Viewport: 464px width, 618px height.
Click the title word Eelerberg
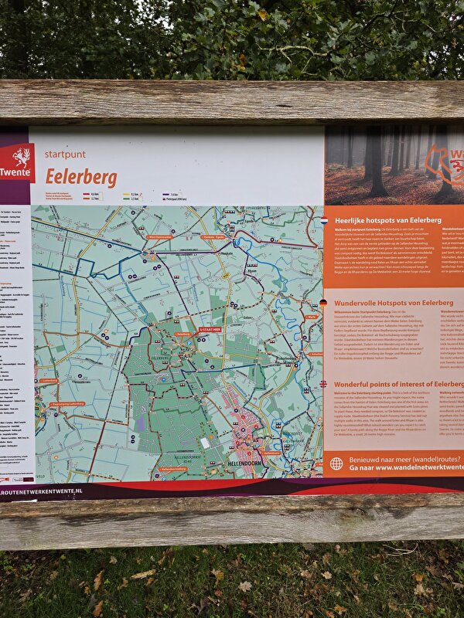click(x=81, y=177)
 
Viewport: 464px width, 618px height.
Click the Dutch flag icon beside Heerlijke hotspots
click(x=326, y=220)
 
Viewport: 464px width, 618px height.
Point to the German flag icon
click(x=326, y=302)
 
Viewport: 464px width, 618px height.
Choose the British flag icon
click(x=326, y=384)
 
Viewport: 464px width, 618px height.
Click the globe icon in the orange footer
click(x=336, y=463)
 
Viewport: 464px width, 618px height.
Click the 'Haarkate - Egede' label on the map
click(x=218, y=237)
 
